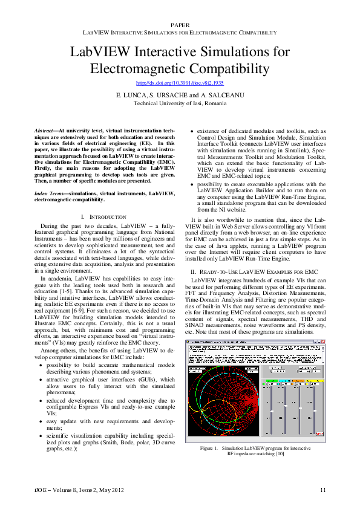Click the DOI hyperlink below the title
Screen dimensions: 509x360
(x=180, y=82)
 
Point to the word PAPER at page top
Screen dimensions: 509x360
(x=180, y=24)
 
